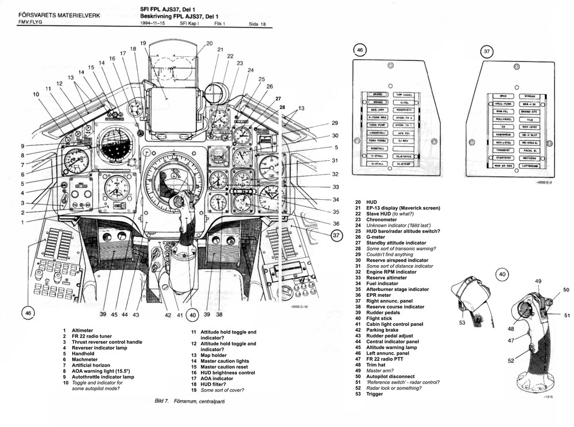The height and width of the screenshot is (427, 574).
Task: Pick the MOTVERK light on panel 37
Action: [529, 158]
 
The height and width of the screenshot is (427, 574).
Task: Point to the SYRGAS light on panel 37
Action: [530, 96]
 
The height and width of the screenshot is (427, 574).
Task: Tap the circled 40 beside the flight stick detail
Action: [502, 275]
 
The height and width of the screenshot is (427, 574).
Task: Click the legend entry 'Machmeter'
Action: [85, 360]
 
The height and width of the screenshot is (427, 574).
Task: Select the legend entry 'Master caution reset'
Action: [226, 367]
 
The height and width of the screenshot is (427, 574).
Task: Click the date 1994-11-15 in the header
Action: [156, 24]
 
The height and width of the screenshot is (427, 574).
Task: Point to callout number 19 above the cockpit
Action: [143, 44]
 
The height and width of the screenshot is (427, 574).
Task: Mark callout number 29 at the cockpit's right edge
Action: [335, 123]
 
